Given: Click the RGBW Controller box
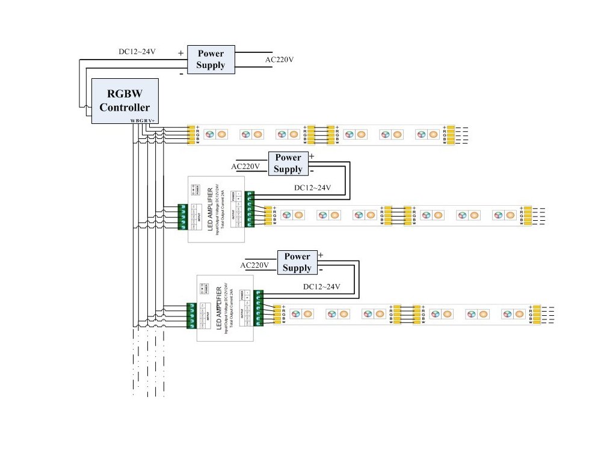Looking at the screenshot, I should click(x=125, y=100).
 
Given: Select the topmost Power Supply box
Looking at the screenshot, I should click(x=210, y=60).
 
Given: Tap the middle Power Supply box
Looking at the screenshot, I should click(x=288, y=163).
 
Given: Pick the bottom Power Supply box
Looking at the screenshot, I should click(x=297, y=262).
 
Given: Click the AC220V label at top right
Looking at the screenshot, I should click(x=279, y=60).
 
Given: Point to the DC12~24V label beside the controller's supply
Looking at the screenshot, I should click(x=137, y=52).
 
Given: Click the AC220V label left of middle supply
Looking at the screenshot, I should click(x=245, y=167).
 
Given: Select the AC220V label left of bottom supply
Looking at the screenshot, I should click(x=254, y=265).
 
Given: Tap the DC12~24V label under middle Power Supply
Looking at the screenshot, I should click(x=313, y=188).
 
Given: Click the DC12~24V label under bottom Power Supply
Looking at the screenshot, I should click(x=322, y=287).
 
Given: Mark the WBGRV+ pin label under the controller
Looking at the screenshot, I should click(x=142, y=121).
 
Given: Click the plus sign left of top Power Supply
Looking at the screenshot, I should click(x=180, y=53).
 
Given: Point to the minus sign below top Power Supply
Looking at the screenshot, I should click(x=181, y=74).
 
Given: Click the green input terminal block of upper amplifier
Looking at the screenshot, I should click(x=182, y=217).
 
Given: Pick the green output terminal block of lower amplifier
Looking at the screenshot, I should click(x=259, y=307).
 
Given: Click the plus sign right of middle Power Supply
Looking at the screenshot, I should click(x=311, y=156).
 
